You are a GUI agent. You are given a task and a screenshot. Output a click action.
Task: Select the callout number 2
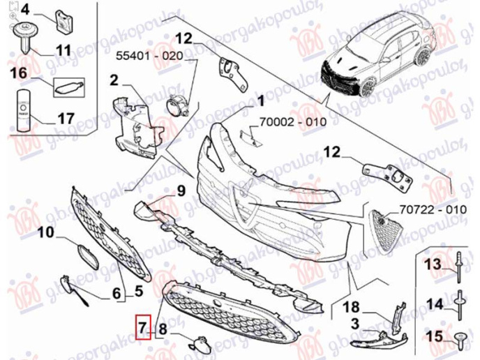[x=114, y=81]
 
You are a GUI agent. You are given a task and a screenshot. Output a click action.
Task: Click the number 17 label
[x=64, y=119]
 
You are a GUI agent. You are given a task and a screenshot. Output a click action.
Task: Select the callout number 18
[x=351, y=307]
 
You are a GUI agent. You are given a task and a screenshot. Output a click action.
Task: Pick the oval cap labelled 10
[x=86, y=255]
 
